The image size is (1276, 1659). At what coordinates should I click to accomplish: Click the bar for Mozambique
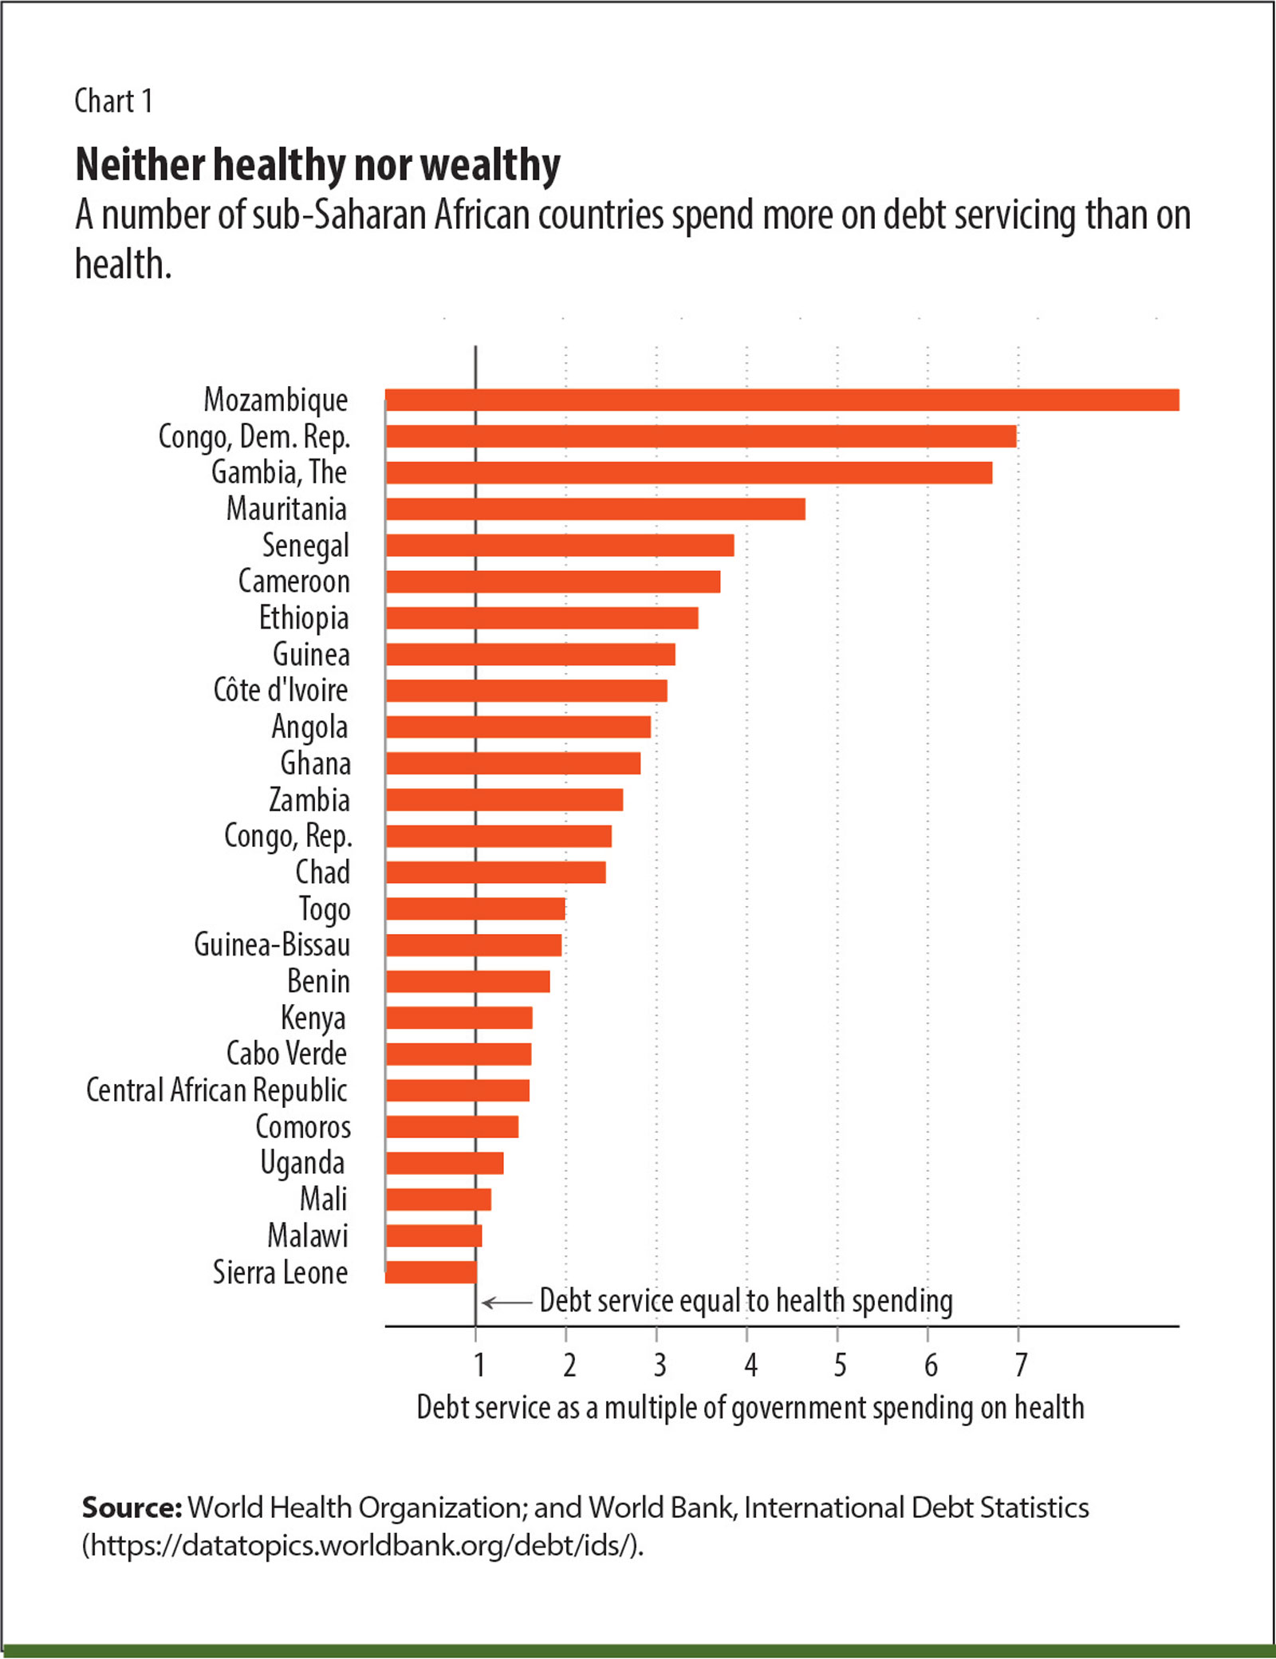click(x=782, y=400)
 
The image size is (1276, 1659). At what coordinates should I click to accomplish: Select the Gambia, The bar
click(x=689, y=473)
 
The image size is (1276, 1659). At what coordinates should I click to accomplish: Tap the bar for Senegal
click(x=559, y=546)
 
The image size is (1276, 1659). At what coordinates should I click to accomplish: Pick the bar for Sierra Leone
click(x=431, y=1272)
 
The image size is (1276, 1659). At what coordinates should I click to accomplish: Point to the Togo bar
click(x=475, y=908)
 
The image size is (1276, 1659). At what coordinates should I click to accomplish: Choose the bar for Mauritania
click(x=595, y=509)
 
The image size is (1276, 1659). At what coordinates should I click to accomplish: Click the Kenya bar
click(x=459, y=1018)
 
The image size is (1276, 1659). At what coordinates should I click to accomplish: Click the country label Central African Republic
click(x=217, y=1090)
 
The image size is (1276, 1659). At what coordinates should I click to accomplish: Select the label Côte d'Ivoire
click(x=281, y=690)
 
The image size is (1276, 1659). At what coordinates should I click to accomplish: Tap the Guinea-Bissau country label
click(x=272, y=945)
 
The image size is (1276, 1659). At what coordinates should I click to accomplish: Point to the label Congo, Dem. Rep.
click(x=254, y=437)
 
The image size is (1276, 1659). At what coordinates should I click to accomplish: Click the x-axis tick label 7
click(x=1021, y=1365)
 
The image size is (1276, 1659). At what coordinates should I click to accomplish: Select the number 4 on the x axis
click(x=750, y=1365)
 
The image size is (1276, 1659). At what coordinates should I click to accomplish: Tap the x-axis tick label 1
click(x=478, y=1365)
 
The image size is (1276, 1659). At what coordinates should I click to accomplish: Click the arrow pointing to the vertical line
click(x=507, y=1303)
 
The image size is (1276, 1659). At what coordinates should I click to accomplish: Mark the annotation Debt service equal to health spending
click(x=746, y=1301)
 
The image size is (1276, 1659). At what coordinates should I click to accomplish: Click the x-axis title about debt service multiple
click(x=750, y=1408)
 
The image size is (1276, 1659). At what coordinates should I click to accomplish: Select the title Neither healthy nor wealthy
click(x=317, y=165)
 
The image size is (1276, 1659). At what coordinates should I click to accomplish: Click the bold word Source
click(x=132, y=1508)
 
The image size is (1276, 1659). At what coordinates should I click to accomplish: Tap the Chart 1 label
click(x=113, y=101)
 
